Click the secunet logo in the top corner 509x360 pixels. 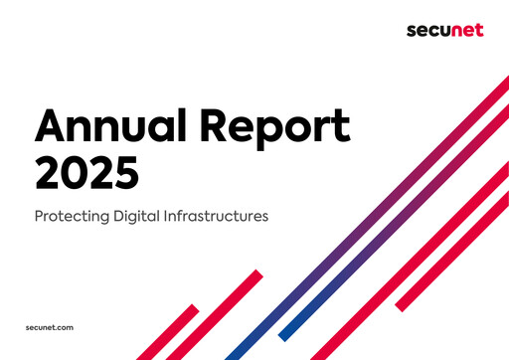(x=444, y=30)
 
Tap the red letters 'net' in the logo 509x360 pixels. (x=466, y=30)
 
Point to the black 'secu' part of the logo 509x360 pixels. (x=427, y=30)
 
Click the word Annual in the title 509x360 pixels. (x=110, y=128)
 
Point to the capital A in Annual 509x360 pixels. (x=51, y=127)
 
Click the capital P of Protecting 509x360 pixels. (x=39, y=215)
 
